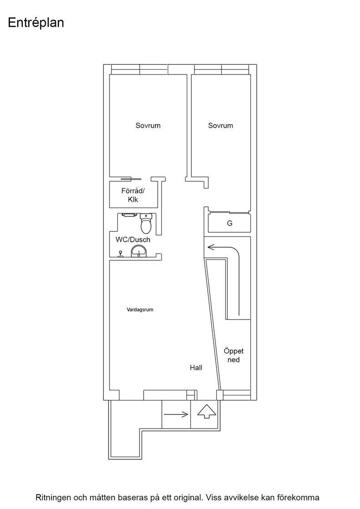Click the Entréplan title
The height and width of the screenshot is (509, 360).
coord(36,23)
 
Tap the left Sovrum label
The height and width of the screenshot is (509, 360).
coord(148,125)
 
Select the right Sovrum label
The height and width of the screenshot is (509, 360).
coord(220,125)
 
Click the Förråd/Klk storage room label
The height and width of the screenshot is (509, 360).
coord(133,195)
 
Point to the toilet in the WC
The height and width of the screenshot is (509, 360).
coord(146,223)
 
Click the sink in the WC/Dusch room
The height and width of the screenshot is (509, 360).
coord(139,252)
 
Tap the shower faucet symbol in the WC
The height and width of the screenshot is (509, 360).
coord(121,254)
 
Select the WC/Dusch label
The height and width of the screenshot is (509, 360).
coord(133,240)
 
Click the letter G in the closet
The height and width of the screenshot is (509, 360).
coord(230,223)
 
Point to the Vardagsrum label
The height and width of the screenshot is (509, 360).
coord(140,309)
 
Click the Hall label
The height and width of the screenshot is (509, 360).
coord(196,368)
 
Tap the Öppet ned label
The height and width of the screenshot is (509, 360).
coord(234,355)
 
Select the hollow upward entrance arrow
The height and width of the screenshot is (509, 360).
coord(207,412)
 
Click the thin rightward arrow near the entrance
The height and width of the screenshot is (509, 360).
coord(176,414)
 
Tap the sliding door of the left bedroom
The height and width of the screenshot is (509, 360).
coord(131,179)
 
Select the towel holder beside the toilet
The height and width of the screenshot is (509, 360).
coord(129,215)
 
